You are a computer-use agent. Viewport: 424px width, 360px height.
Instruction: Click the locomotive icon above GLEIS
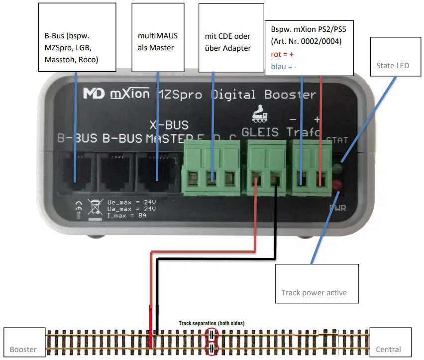point(259,114)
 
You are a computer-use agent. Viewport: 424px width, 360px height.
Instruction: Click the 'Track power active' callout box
point(317,283)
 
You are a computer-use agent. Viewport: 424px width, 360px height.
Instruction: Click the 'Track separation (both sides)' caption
point(212,323)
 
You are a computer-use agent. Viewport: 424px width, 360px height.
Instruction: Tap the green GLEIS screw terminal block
point(266,166)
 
